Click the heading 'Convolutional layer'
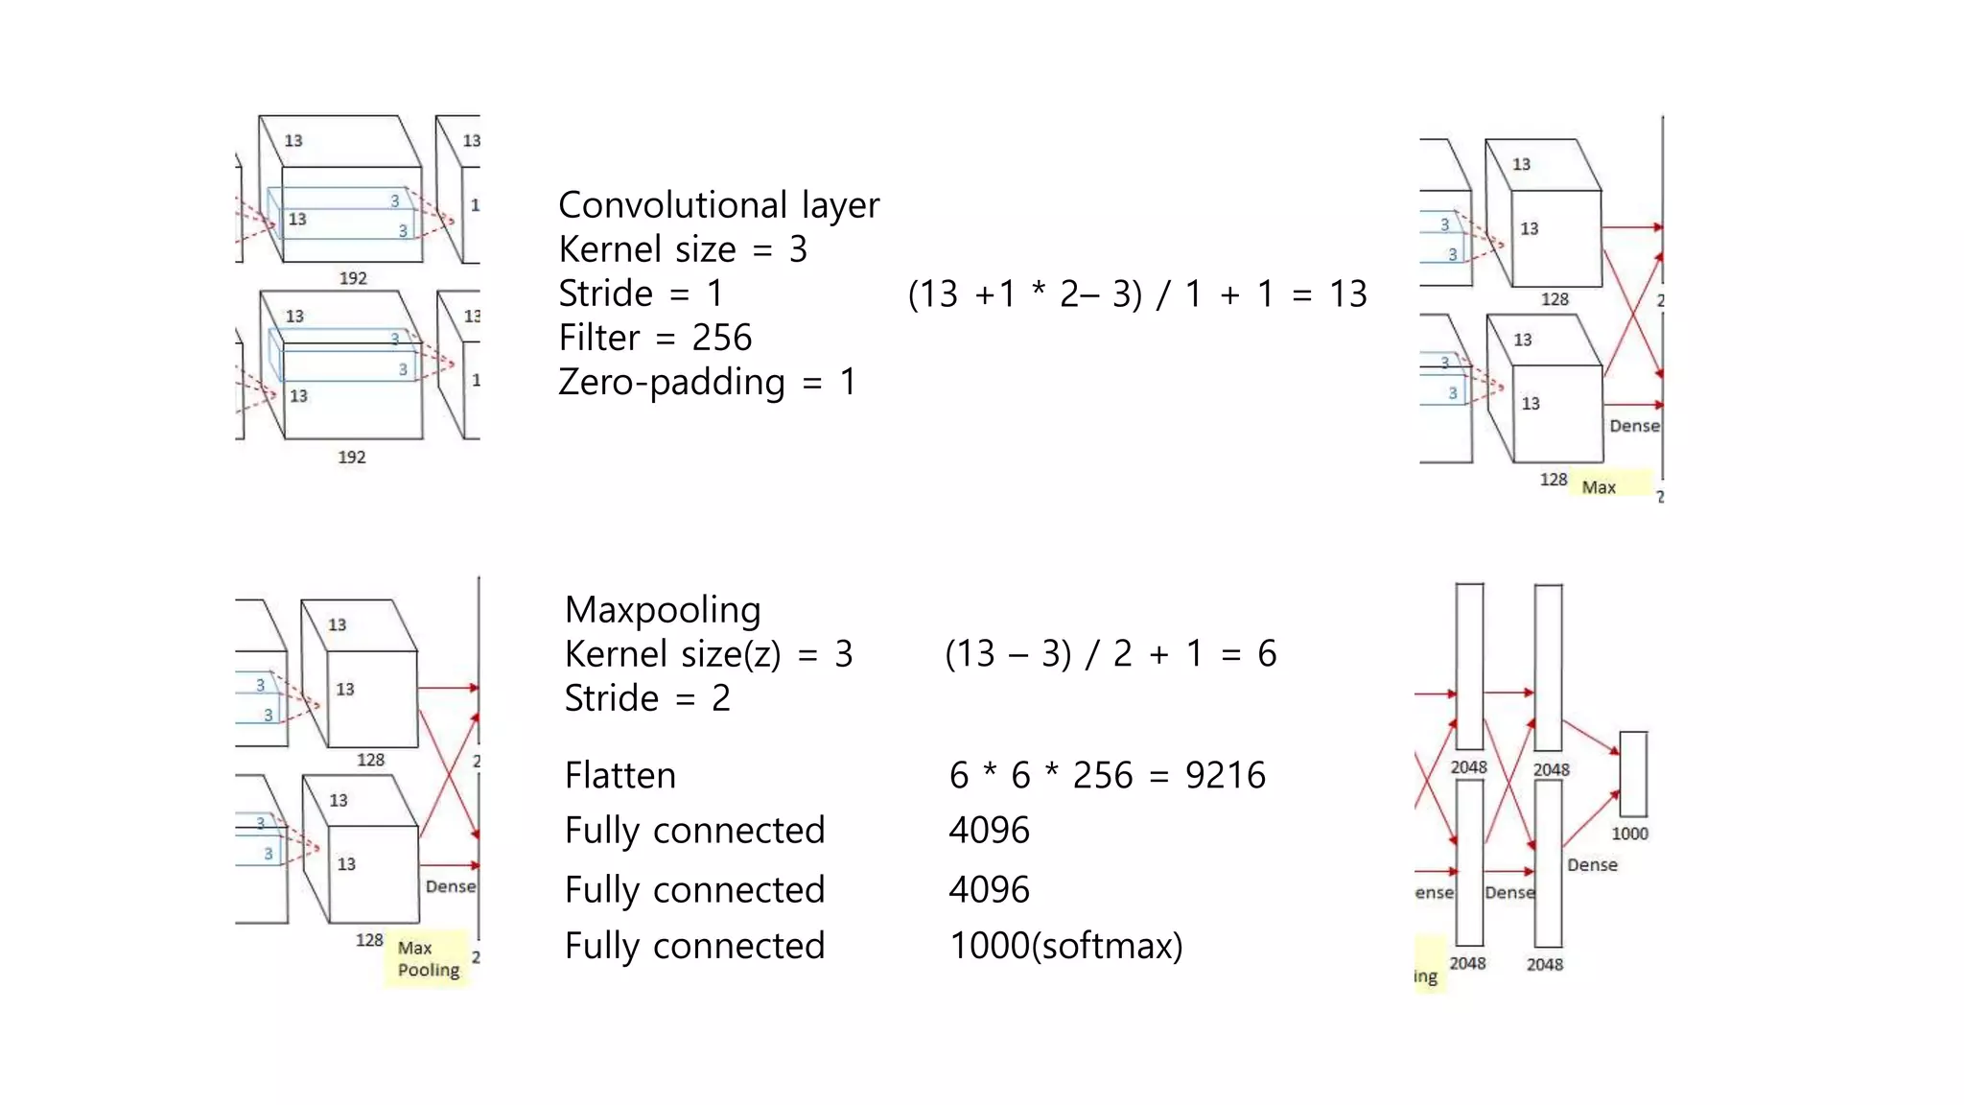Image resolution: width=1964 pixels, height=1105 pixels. click(x=718, y=205)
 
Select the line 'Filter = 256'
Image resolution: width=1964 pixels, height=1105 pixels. click(x=655, y=338)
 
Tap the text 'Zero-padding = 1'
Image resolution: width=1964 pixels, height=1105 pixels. click(x=707, y=382)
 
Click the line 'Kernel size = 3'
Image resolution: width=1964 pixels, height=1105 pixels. click(x=683, y=249)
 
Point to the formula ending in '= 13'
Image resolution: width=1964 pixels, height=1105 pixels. click(x=1136, y=294)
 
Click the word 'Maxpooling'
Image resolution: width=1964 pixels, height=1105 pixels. click(x=663, y=610)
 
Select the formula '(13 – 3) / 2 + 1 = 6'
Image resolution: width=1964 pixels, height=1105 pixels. click(x=1110, y=654)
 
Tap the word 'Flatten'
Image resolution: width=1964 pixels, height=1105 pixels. click(x=620, y=775)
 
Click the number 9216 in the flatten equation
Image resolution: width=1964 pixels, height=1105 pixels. click(x=1225, y=775)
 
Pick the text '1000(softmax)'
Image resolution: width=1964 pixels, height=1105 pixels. click(x=1065, y=946)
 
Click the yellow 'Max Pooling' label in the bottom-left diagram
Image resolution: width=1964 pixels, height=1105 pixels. click(x=428, y=958)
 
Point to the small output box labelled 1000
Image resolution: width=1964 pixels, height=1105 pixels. click(x=1633, y=773)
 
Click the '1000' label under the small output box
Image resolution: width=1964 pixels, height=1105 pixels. click(x=1629, y=834)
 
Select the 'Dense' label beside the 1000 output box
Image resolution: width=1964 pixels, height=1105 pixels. click(x=1592, y=865)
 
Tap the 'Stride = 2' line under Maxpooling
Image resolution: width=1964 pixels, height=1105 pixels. click(x=647, y=698)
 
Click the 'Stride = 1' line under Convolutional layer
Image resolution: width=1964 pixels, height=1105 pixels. click(x=641, y=294)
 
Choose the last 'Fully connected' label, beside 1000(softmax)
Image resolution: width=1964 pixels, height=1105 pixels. click(x=694, y=946)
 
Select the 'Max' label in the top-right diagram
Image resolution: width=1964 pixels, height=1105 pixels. click(x=1599, y=487)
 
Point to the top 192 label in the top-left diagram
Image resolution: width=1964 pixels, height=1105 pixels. click(x=353, y=278)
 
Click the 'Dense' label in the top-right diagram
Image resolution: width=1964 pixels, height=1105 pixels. click(x=1634, y=426)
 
